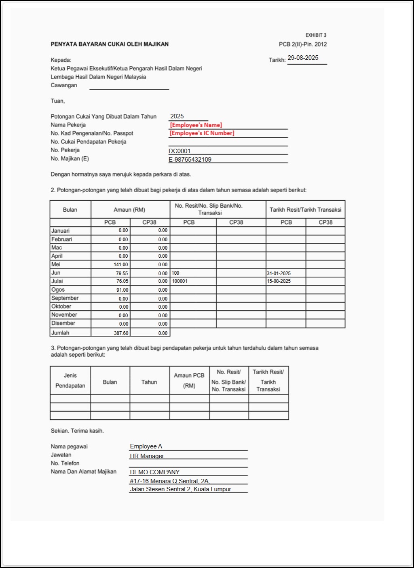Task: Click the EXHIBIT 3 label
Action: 316,35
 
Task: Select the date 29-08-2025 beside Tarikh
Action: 303,58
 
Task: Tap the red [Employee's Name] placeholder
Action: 196,125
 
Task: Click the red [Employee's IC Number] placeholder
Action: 202,133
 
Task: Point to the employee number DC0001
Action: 180,151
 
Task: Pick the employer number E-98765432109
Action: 190,159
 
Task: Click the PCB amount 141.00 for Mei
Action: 121,265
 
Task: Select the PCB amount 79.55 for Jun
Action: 122,273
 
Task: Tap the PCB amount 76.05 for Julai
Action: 122,281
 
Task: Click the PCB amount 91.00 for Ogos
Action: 122,290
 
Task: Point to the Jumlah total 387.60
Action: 121,333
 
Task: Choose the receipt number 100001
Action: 180,281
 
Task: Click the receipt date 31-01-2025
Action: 279,273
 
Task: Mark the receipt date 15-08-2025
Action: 279,281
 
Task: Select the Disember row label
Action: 63,323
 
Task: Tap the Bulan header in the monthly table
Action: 70,210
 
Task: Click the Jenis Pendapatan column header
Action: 70,381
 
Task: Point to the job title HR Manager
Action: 147,456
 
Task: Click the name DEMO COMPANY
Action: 154,472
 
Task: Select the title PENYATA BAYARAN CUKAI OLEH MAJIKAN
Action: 110,44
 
